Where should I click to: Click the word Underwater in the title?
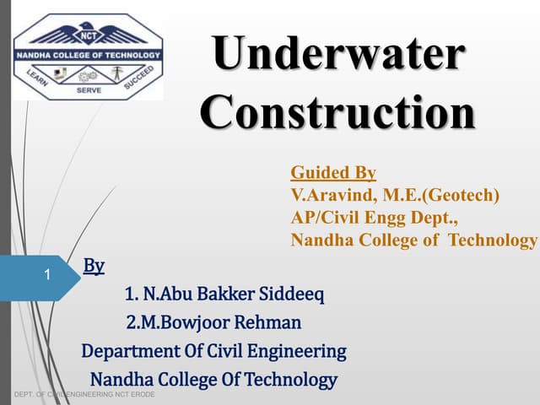(337, 57)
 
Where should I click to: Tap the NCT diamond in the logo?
(87, 36)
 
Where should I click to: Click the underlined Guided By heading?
(333, 173)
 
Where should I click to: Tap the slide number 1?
(48, 275)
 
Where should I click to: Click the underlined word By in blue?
(94, 267)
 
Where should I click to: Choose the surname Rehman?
(268, 322)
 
